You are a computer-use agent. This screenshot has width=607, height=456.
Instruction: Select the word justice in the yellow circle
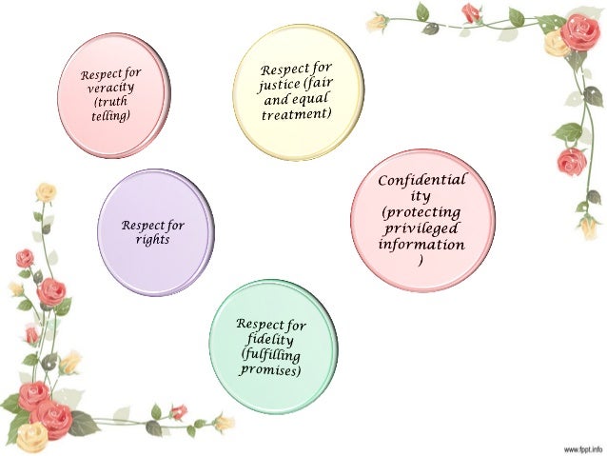(283, 87)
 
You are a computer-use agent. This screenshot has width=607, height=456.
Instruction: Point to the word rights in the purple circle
(152, 239)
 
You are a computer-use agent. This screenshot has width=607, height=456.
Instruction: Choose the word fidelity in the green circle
(271, 340)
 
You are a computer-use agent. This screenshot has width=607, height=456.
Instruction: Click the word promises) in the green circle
(270, 368)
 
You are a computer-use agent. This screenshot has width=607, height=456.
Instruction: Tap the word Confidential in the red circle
(422, 180)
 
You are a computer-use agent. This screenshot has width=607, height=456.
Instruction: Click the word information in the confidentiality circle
(421, 245)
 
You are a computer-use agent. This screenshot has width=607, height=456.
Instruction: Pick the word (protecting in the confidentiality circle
(421, 212)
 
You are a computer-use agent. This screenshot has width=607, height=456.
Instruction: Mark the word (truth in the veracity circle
(108, 101)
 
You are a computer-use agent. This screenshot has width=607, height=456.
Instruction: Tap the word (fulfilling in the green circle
(271, 354)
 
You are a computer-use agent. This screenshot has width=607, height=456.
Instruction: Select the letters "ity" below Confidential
(421, 196)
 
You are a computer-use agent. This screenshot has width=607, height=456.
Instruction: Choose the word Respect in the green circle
(258, 326)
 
